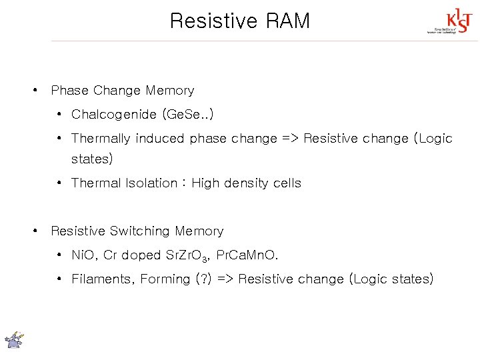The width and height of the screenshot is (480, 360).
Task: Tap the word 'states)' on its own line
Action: coord(92,159)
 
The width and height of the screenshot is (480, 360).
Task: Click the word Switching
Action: coord(140,231)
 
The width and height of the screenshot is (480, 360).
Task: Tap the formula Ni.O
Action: coord(84,255)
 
